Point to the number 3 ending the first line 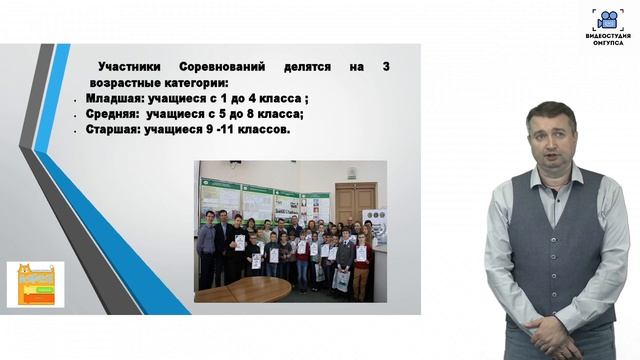[x=385, y=66]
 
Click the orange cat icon [x=35, y=284]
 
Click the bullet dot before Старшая [x=76, y=131]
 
